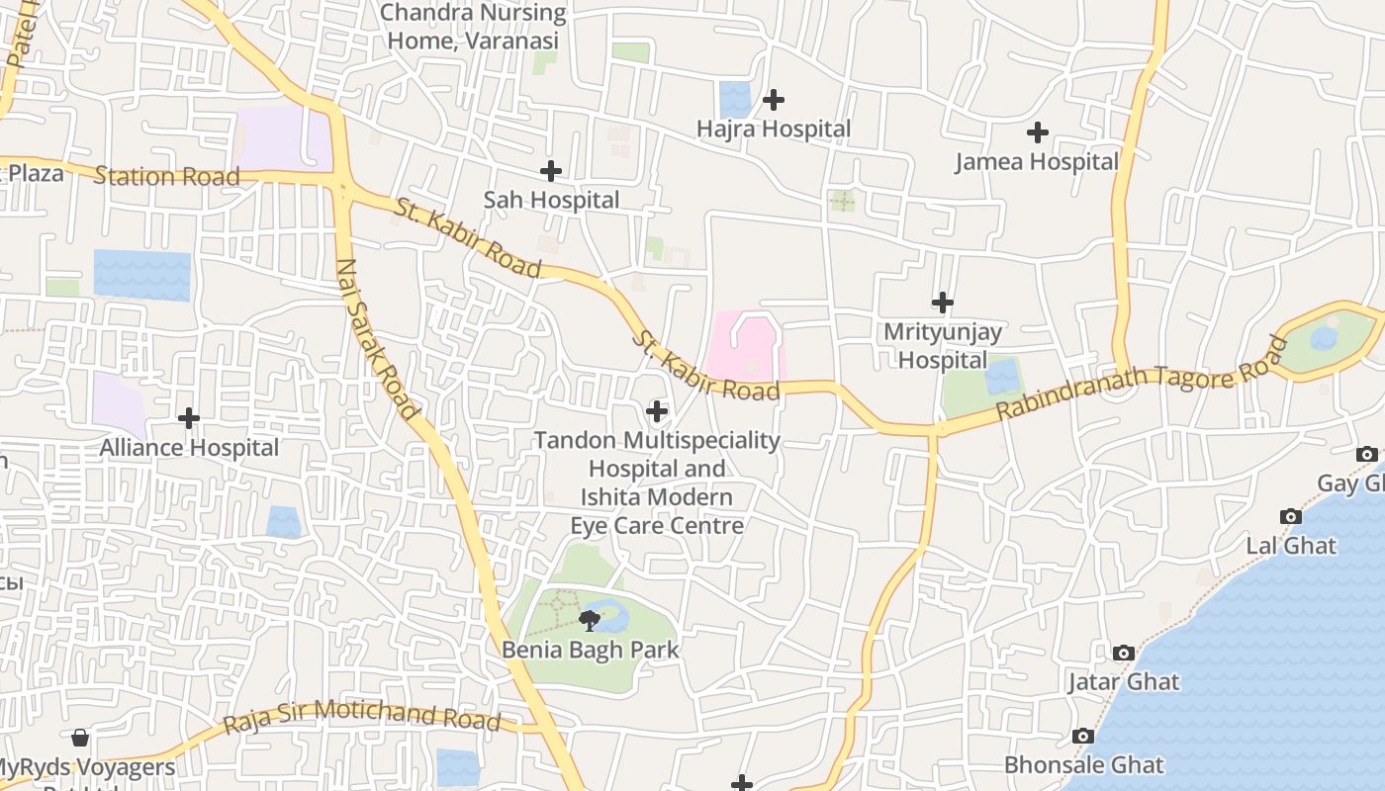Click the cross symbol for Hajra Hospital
click(x=774, y=100)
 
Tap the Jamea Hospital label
click(x=1037, y=162)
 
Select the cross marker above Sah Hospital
click(x=551, y=171)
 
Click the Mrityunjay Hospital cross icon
click(x=943, y=303)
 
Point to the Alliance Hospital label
click(x=189, y=448)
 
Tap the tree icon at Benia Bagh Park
click(x=590, y=621)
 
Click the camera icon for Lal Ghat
click(x=1290, y=516)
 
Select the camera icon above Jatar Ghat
click(x=1123, y=653)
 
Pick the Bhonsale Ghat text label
click(x=1083, y=764)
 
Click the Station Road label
click(x=166, y=177)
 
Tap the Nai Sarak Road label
click(x=377, y=338)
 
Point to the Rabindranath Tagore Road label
click(x=1143, y=379)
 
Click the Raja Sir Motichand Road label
click(x=361, y=715)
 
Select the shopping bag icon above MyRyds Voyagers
click(x=80, y=738)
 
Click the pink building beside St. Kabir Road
click(x=742, y=346)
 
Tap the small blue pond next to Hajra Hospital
click(x=735, y=100)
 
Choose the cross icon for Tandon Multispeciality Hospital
click(x=656, y=411)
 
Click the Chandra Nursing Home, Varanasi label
click(x=473, y=27)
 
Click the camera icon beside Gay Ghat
click(x=1366, y=454)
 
